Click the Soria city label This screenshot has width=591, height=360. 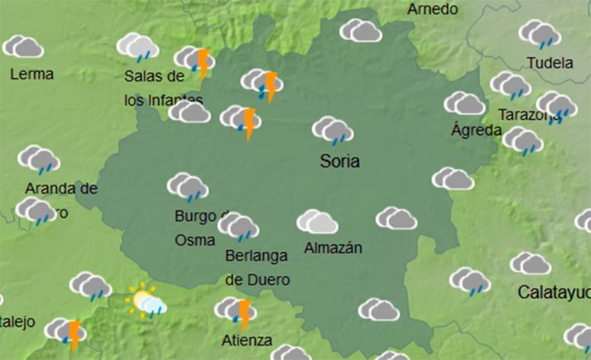pyautogui.click(x=339, y=161)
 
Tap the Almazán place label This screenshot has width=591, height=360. pyautogui.click(x=334, y=247)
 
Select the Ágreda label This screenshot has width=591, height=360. pyautogui.click(x=476, y=130)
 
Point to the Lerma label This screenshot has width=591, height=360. pyautogui.click(x=31, y=74)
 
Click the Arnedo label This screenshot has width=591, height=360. pyautogui.click(x=433, y=9)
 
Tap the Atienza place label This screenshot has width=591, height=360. pyautogui.click(x=247, y=339)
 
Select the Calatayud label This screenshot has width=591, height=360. pyautogui.click(x=554, y=292)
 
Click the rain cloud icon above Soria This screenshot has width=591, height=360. pyautogui.click(x=333, y=131)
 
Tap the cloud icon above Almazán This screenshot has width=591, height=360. pyautogui.click(x=317, y=222)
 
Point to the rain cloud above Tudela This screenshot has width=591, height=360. pyautogui.click(x=541, y=34)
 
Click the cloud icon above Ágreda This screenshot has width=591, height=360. pyautogui.click(x=464, y=103)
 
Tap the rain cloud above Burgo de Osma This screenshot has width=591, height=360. pyautogui.click(x=188, y=187)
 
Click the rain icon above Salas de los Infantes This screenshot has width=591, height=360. pyautogui.click(x=137, y=46)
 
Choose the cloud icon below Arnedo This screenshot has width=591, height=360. pyautogui.click(x=360, y=31)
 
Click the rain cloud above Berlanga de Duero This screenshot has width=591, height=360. pyautogui.click(x=238, y=226)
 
